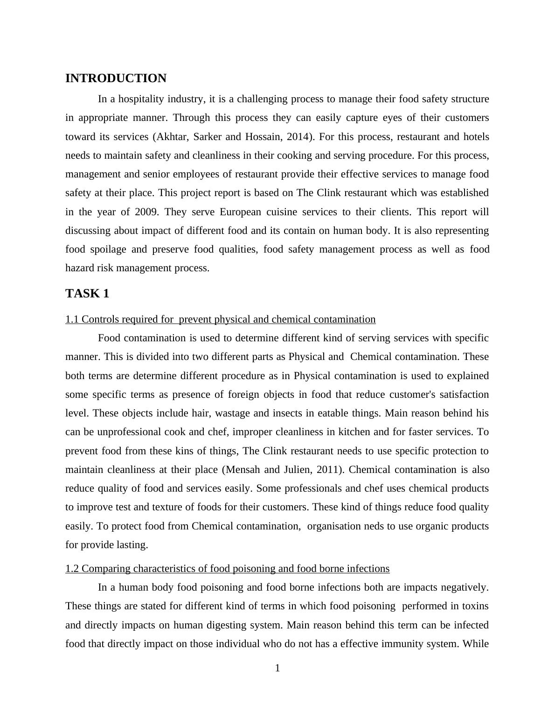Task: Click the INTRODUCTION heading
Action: pyautogui.click(x=116, y=78)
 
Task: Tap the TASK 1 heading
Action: pyautogui.click(x=87, y=294)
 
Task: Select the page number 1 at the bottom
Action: pyautogui.click(x=277, y=669)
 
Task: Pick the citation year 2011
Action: pyautogui.click(x=326, y=470)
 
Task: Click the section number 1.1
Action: pyautogui.click(x=72, y=319)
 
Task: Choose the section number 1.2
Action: pyautogui.click(x=72, y=569)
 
